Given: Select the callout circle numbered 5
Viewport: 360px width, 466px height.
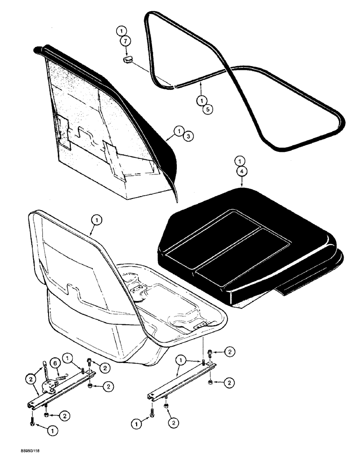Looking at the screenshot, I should click(201, 110).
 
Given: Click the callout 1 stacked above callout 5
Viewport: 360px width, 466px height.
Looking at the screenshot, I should click(201, 100).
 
